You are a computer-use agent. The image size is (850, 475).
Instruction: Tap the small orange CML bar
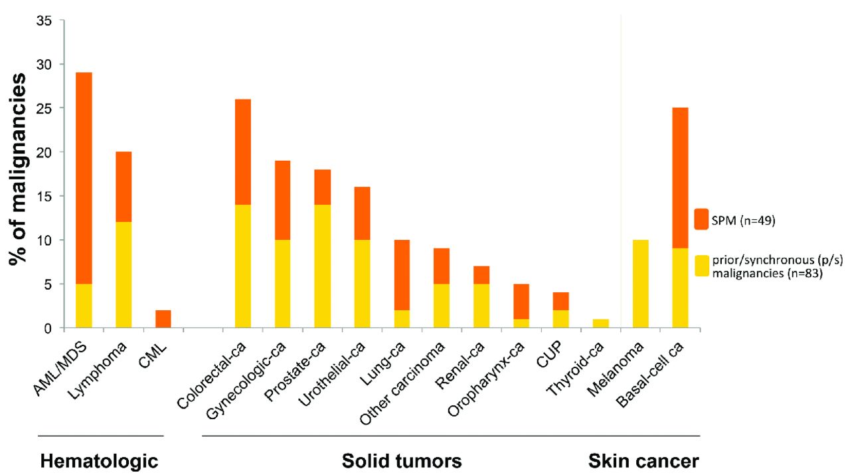pos(163,319)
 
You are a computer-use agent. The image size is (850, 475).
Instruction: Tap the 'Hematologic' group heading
pos(100,460)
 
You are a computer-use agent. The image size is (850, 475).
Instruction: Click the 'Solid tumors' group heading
pos(402,460)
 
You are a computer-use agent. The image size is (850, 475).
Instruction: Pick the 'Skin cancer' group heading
pos(643,460)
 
